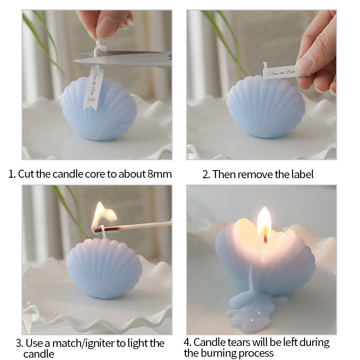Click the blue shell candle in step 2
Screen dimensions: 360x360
266,107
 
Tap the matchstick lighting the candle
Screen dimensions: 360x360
133,227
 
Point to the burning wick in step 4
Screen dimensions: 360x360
265,236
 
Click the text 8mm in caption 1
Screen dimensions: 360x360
160,174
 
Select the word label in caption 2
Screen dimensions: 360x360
302,174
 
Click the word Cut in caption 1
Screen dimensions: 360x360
26,174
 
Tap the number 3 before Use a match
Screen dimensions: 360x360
19,344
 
